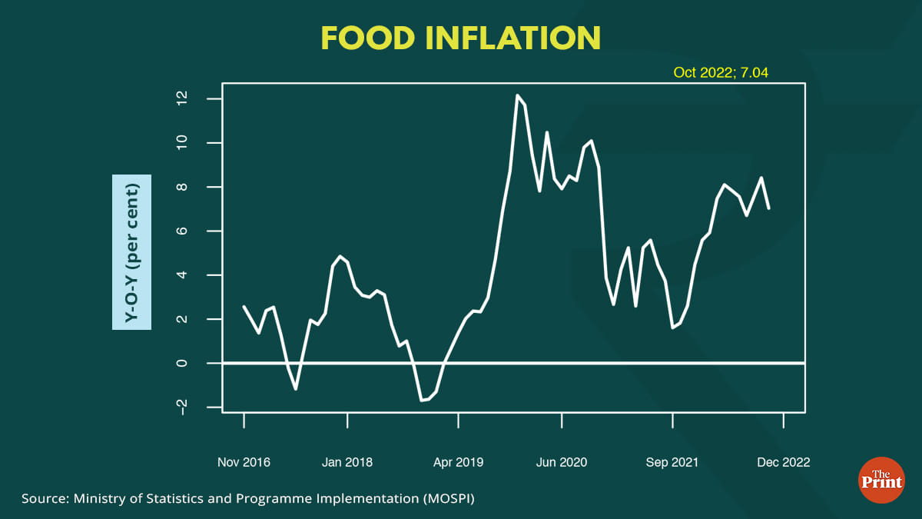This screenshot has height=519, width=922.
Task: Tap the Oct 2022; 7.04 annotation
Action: (721, 73)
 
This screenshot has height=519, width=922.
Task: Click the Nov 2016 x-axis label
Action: (244, 462)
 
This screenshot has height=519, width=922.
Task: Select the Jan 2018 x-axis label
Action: (347, 462)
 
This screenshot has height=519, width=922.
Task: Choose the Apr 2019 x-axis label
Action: (458, 462)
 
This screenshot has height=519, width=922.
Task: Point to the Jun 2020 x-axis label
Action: (562, 462)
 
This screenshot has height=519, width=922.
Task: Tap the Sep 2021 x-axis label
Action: (672, 462)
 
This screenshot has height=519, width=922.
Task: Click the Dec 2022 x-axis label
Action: (783, 462)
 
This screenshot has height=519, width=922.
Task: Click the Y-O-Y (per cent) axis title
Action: (132, 251)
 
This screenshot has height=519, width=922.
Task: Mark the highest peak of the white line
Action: (517, 95)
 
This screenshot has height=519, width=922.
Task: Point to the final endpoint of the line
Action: (769, 208)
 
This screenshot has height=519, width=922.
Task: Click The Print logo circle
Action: (881, 481)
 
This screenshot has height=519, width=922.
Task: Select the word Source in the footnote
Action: (45, 499)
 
